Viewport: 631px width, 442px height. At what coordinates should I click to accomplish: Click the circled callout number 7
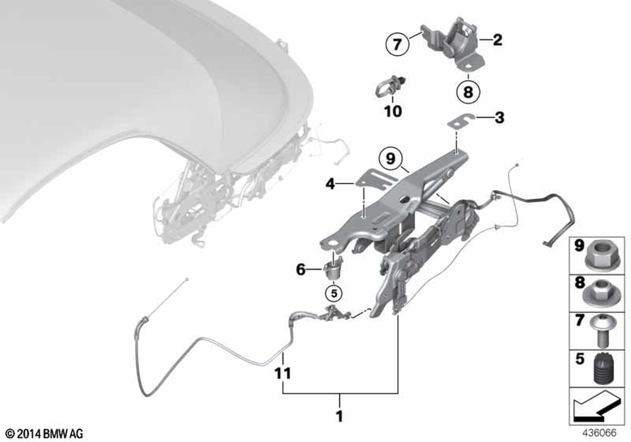tap(397, 44)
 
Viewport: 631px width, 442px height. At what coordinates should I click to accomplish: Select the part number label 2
tap(497, 40)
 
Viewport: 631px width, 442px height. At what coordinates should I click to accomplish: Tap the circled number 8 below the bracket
tap(468, 92)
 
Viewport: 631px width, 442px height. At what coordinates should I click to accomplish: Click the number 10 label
tap(392, 111)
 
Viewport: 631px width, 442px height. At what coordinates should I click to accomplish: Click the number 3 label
tap(499, 117)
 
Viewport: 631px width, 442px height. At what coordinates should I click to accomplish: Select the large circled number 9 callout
tap(391, 158)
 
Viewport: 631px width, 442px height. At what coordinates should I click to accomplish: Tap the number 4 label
tap(330, 184)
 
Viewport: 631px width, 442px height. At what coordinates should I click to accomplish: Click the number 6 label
tap(300, 270)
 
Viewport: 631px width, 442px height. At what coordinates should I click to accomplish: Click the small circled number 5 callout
tap(334, 294)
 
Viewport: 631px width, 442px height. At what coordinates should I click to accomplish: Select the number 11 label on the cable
tap(283, 374)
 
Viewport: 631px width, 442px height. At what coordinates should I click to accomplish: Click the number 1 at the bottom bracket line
tap(339, 416)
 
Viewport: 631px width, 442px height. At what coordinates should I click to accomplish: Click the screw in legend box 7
tap(601, 331)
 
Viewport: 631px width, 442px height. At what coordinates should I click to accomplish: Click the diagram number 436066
tap(599, 433)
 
